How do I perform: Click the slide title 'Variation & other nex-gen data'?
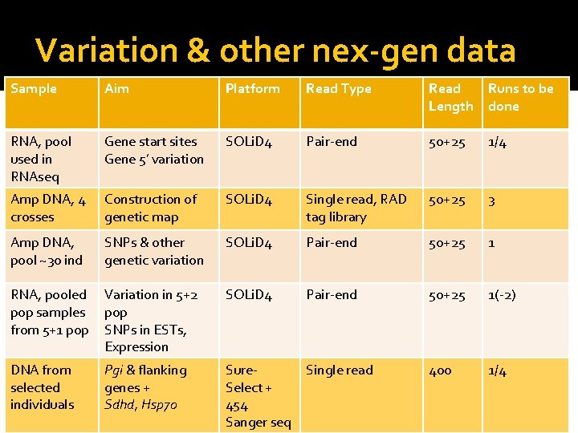click(275, 51)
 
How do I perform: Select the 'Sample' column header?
click(34, 89)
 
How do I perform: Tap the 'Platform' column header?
click(252, 89)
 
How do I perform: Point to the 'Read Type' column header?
click(338, 89)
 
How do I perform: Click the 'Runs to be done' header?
click(520, 97)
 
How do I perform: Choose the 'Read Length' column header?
click(450, 97)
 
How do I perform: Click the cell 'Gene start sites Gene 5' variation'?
click(153, 150)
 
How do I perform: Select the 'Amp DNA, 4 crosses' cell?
click(48, 208)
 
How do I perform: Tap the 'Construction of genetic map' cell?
click(150, 208)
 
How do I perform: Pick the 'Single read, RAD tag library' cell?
click(356, 208)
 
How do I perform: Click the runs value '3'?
click(492, 200)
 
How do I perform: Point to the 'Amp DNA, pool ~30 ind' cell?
click(47, 251)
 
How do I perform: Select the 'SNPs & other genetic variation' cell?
click(153, 251)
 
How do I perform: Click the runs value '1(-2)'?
click(502, 295)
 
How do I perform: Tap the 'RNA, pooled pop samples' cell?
click(49, 312)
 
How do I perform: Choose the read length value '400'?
click(440, 370)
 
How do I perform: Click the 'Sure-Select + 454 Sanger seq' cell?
click(258, 396)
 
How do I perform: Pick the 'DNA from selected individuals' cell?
click(42, 387)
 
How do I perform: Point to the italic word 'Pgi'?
click(116, 370)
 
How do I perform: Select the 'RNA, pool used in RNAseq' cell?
click(41, 159)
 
